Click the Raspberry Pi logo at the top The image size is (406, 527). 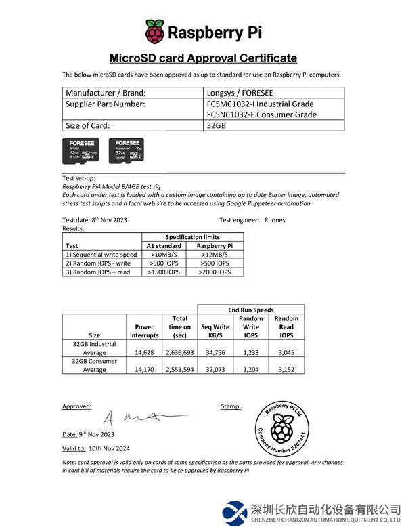pos(155,32)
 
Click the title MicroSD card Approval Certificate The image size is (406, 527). pos(203,58)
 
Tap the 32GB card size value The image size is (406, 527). pos(217,125)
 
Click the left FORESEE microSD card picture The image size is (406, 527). pos(80,153)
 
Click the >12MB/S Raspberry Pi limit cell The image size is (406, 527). pos(215,255)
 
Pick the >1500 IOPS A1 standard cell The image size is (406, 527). pos(164,272)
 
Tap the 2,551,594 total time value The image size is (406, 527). pos(180,370)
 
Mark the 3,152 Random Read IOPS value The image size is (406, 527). pos(286,370)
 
